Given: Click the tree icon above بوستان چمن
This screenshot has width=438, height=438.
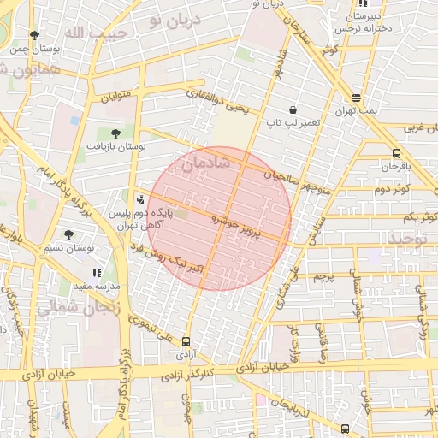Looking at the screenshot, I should point(34,36).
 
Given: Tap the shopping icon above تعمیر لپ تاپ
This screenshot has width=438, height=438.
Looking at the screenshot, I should point(293,109).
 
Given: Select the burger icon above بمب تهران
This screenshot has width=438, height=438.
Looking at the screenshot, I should point(356,98).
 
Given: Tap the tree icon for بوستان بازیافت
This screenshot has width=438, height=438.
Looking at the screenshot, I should point(114,133).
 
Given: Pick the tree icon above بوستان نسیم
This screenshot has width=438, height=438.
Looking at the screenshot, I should point(68,234).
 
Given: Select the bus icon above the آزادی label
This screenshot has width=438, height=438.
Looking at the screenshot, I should point(186,341).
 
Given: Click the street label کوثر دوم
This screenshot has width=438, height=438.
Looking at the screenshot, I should point(395,187).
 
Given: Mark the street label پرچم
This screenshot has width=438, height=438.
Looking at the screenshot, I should point(322,278).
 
